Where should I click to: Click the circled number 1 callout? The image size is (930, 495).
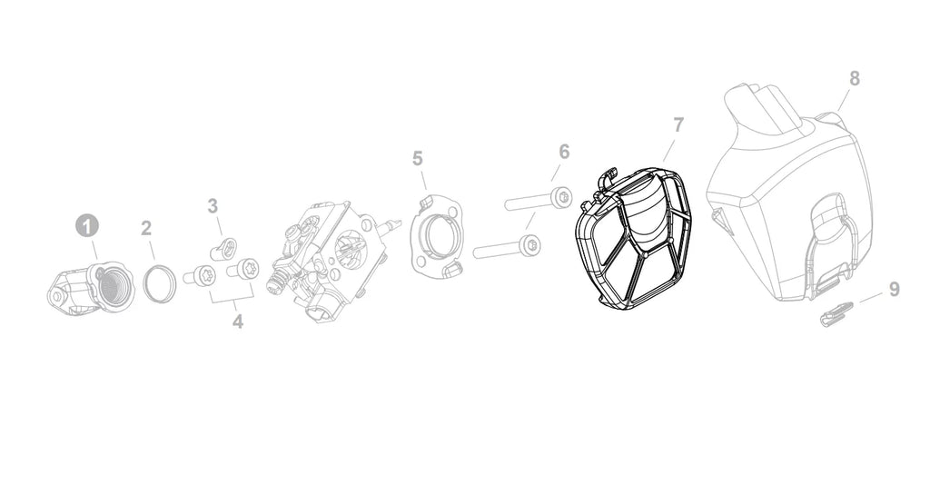[87, 226]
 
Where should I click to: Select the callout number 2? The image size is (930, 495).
[146, 228]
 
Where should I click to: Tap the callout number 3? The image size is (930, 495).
[213, 206]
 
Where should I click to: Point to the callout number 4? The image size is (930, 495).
[238, 322]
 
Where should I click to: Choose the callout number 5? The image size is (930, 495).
[418, 159]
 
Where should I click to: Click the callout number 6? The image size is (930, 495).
[564, 152]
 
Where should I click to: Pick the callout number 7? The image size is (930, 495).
[678, 125]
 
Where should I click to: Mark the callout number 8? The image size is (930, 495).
[854, 78]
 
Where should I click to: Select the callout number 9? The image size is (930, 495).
[895, 290]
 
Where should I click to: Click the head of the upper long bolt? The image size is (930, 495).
[561, 195]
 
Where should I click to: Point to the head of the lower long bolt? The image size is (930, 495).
[529, 245]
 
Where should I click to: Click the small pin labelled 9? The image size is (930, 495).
[836, 313]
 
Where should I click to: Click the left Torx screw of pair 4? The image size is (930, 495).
[203, 275]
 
